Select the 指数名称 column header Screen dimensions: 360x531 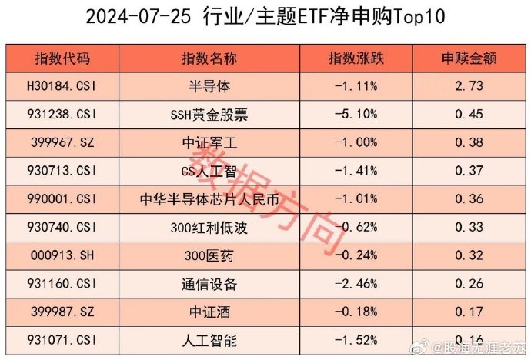[x=209, y=59]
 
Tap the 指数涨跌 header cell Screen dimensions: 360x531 [x=355, y=59]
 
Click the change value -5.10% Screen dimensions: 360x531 [x=356, y=115]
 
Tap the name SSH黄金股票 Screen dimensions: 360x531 [x=209, y=115]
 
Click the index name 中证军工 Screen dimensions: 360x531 [x=209, y=143]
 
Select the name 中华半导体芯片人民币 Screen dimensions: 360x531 [x=209, y=199]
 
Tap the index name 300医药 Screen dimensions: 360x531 [x=209, y=255]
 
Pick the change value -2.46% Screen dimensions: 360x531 [x=356, y=284]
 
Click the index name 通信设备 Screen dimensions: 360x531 [x=209, y=284]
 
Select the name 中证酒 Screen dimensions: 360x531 [x=209, y=312]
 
